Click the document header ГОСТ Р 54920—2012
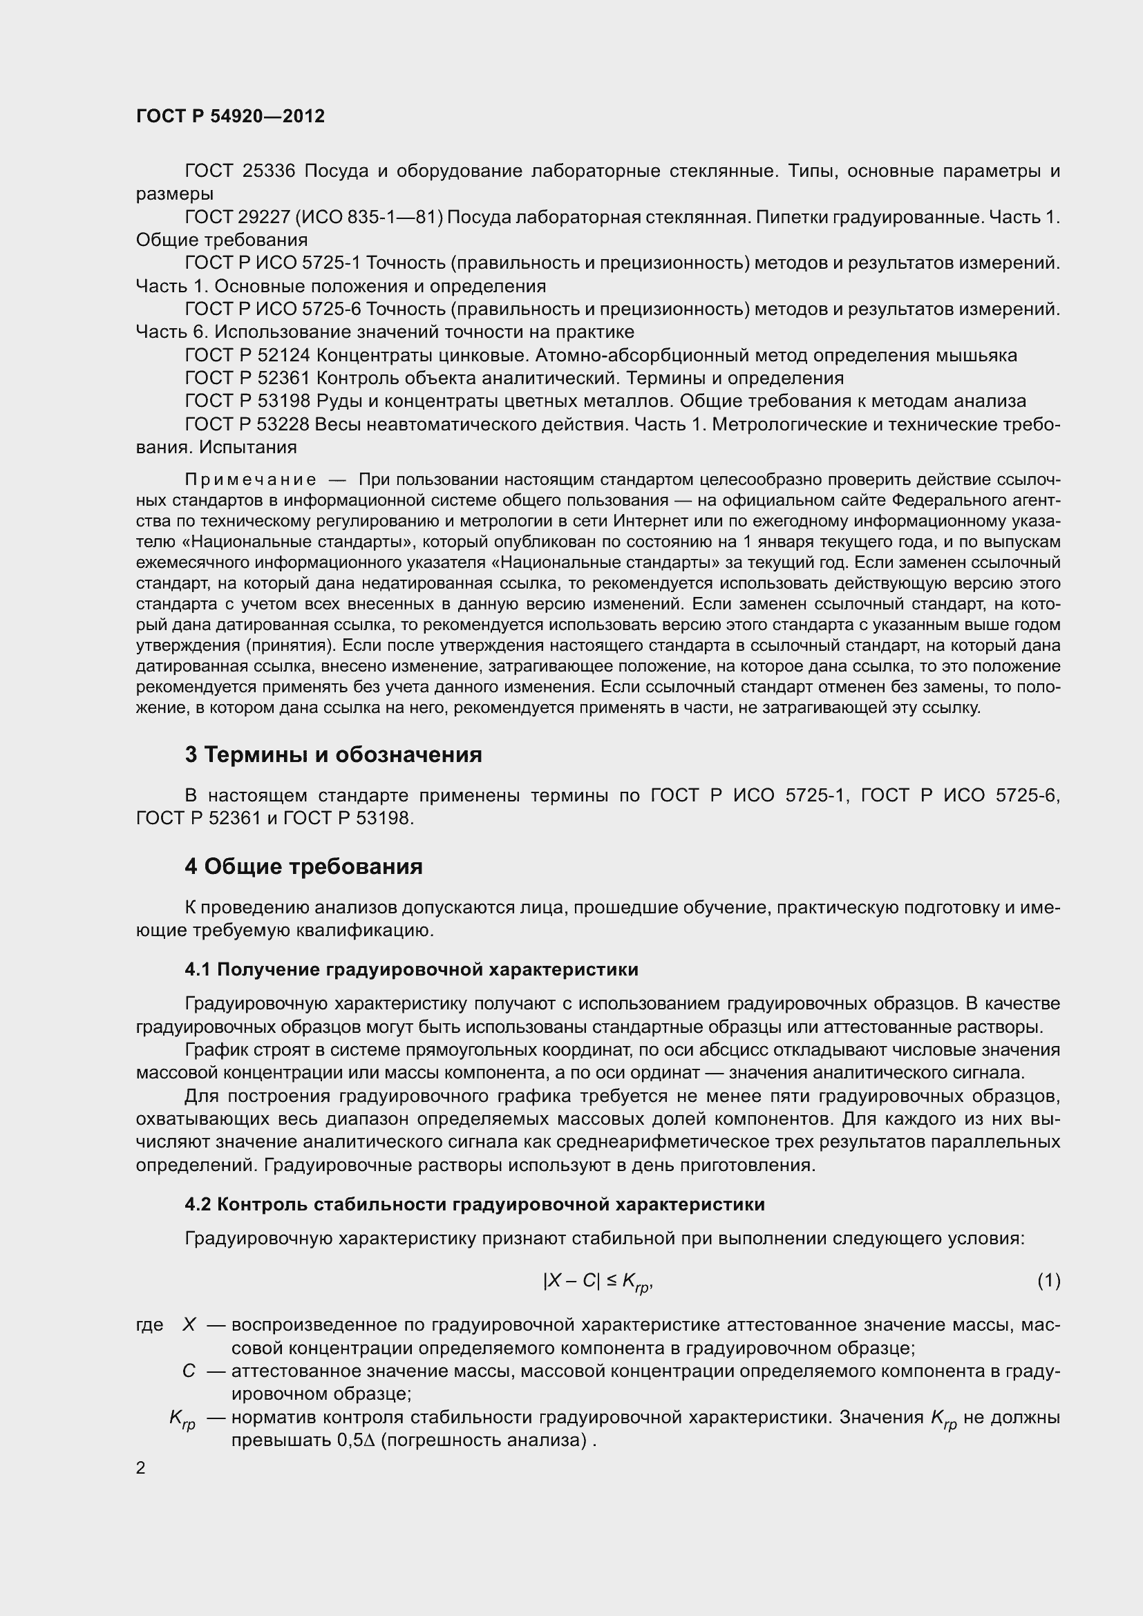(x=230, y=116)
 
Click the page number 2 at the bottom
(x=141, y=1468)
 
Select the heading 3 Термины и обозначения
(x=333, y=754)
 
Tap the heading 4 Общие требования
(x=303, y=866)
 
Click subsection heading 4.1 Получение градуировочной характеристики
(x=411, y=970)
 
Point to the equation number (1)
(x=1048, y=1280)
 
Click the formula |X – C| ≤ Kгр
(x=598, y=1282)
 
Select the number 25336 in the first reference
(x=268, y=171)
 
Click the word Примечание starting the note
(x=251, y=480)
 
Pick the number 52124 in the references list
(x=283, y=355)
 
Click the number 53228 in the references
(x=283, y=424)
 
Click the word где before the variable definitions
(x=149, y=1325)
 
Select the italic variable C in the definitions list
(x=189, y=1371)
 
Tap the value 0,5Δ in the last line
(x=356, y=1440)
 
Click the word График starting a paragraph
(x=215, y=1050)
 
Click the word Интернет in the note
(x=647, y=521)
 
